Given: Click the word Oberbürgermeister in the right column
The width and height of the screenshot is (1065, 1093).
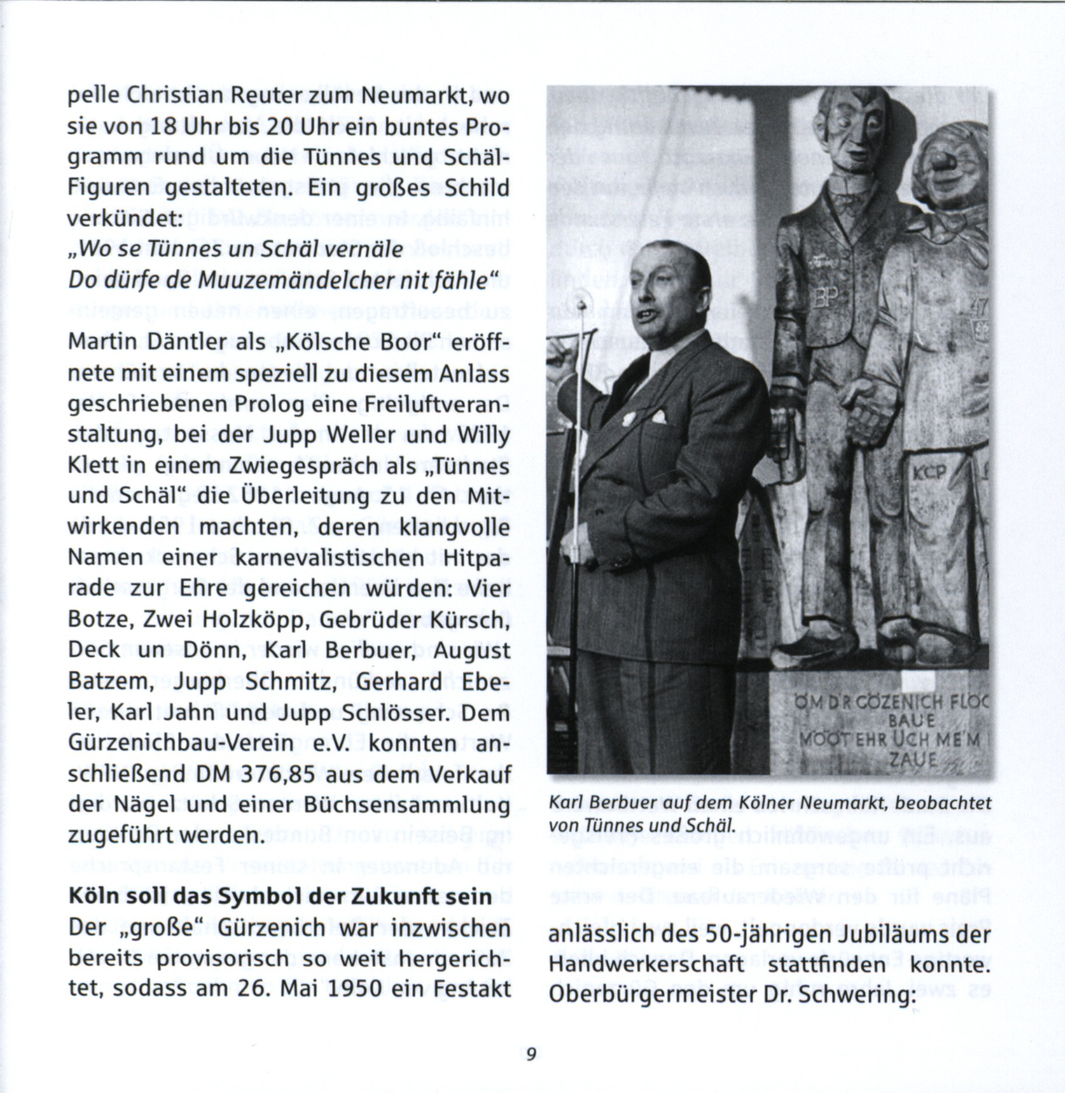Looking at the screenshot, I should coord(653,995).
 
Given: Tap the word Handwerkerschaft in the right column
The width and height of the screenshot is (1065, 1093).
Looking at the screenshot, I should coord(647,965).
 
